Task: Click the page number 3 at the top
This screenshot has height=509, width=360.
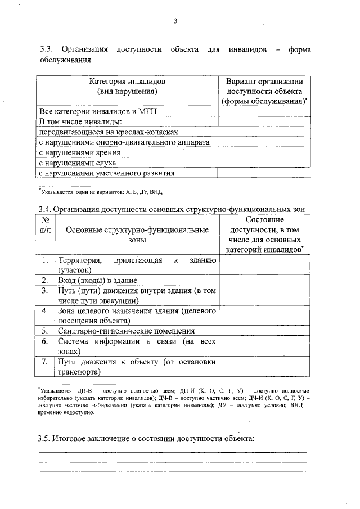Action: point(176,21)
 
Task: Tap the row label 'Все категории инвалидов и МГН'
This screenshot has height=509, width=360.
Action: point(97,111)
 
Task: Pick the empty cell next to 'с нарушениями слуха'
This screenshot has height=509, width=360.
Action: point(264,163)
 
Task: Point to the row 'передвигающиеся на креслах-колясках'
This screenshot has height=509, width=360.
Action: point(109,132)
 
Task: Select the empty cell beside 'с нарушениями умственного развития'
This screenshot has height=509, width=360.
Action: point(264,173)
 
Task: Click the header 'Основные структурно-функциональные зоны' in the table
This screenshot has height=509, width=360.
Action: point(137,235)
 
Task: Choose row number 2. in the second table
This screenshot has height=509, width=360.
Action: point(46,280)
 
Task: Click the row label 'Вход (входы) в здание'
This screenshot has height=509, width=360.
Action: point(98,280)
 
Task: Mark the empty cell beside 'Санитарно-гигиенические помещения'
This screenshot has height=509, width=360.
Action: point(264,331)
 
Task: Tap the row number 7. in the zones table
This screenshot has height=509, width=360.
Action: point(46,362)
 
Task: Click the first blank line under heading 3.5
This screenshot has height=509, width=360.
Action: point(172,452)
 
